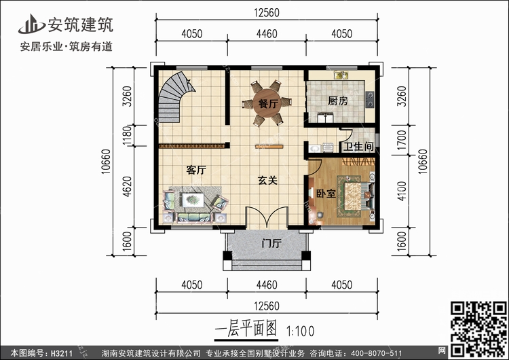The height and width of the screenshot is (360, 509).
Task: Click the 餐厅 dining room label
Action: (x=268, y=104)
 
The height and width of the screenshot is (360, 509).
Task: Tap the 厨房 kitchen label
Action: (x=337, y=101)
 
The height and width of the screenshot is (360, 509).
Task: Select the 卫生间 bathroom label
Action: (x=358, y=147)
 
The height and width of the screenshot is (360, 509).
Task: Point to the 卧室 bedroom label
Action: (x=326, y=194)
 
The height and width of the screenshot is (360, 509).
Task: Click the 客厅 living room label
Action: (x=196, y=170)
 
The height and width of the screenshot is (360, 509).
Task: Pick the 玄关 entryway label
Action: (x=267, y=180)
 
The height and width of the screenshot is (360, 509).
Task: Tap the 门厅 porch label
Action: (x=271, y=243)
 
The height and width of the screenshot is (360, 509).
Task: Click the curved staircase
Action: (x=172, y=98)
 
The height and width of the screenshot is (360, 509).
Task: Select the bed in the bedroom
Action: (x=356, y=196)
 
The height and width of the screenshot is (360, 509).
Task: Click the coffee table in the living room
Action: (x=193, y=200)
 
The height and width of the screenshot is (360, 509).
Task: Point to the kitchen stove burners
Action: (x=369, y=99)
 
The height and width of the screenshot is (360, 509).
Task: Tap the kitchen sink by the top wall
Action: (x=341, y=75)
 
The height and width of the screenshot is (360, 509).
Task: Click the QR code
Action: (x=478, y=329)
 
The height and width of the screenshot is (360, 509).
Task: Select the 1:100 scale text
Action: (x=300, y=331)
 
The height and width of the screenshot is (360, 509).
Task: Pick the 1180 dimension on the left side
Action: (x=128, y=136)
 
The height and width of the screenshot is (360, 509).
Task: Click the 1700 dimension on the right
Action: (x=402, y=140)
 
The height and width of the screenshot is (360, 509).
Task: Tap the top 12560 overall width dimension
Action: (x=267, y=13)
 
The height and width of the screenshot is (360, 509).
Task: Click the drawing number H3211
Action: (x=62, y=353)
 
